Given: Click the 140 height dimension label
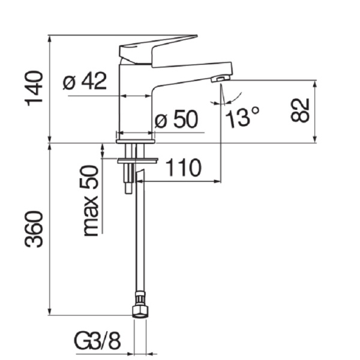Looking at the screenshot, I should [35, 88].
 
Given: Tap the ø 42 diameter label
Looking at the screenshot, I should [85, 81].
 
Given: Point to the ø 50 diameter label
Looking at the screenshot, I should [176, 120].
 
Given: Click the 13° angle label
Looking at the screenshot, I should [243, 117].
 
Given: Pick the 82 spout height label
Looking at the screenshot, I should [299, 110].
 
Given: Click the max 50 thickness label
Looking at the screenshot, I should [90, 200].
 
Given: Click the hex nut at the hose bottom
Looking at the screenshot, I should [139, 308].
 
